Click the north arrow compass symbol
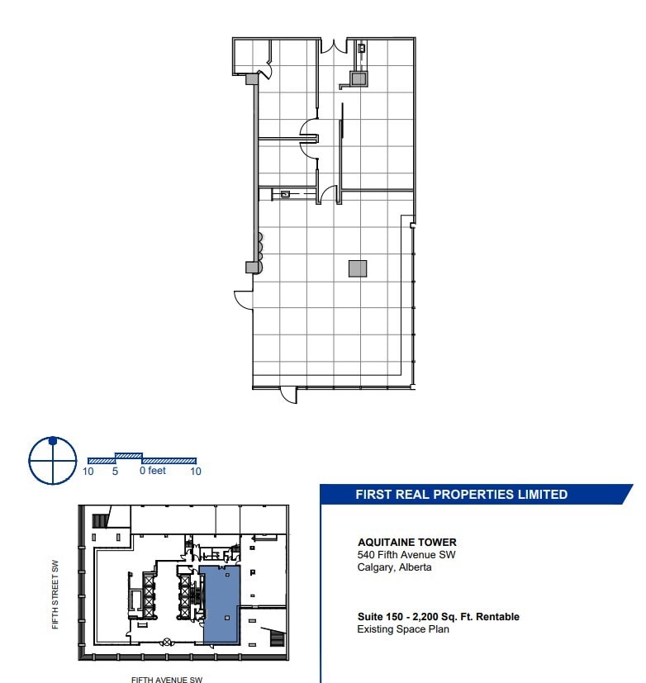pyautogui.click(x=53, y=460)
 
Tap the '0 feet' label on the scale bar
pyautogui.click(x=153, y=471)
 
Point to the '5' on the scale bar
pyautogui.click(x=116, y=471)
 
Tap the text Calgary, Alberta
pyautogui.click(x=394, y=567)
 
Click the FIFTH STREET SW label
pyautogui.click(x=55, y=595)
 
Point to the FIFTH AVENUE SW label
pyautogui.click(x=166, y=680)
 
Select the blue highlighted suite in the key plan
pyautogui.click(x=220, y=603)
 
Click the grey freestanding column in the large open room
pyautogui.click(x=357, y=268)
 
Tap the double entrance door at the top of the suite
pyautogui.click(x=334, y=46)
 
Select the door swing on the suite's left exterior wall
pyautogui.click(x=244, y=298)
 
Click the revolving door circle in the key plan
pyautogui.click(x=166, y=642)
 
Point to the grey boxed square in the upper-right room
pyautogui.click(x=358, y=78)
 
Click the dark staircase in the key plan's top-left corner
pyautogui.click(x=100, y=520)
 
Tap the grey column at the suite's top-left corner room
pyautogui.click(x=252, y=78)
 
